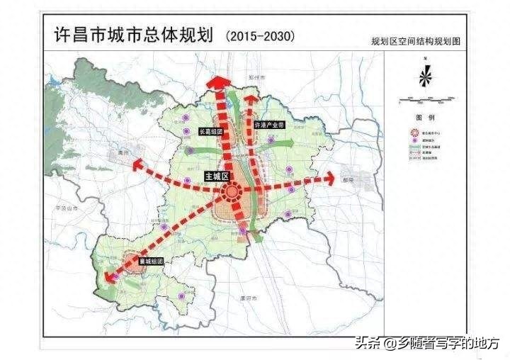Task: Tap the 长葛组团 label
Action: coord(210,131)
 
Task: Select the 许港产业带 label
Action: coord(268,124)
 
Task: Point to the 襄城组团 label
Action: coord(151,261)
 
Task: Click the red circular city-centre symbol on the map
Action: coord(232,192)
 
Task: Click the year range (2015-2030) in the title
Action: coord(259,35)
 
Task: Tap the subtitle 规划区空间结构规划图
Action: coord(416,42)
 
